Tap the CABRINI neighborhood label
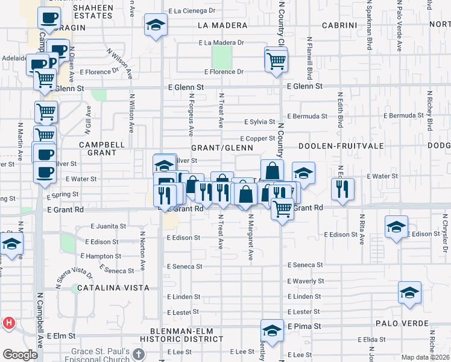click(x=339, y=25)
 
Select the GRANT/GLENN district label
click(x=221, y=148)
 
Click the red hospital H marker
click(x=8, y=323)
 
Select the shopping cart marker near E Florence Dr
click(x=276, y=60)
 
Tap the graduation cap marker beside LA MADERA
click(x=156, y=26)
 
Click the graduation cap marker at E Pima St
click(x=272, y=331)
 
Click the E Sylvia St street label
click(x=260, y=122)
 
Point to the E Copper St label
click(x=257, y=139)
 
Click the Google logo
click(x=20, y=354)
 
